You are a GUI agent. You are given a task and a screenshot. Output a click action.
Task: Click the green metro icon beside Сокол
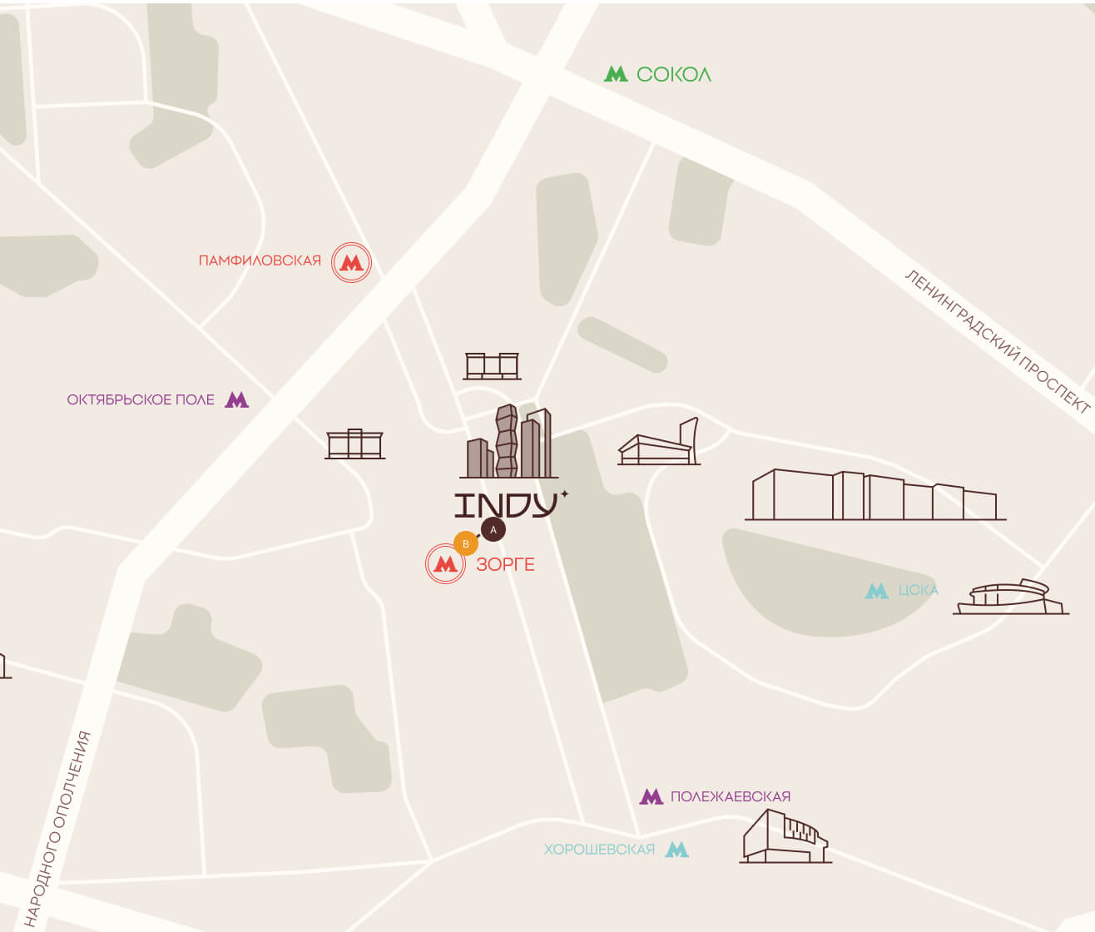tap(616, 74)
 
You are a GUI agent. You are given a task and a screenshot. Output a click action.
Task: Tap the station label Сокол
tap(673, 75)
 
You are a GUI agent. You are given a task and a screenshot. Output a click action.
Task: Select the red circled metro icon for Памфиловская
tap(351, 263)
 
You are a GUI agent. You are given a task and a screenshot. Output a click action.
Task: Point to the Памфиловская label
tap(260, 261)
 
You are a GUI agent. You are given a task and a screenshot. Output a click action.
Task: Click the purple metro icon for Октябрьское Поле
tap(237, 400)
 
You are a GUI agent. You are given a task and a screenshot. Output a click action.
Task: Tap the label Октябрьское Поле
tap(141, 400)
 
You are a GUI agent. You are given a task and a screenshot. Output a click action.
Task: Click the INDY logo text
tap(506, 505)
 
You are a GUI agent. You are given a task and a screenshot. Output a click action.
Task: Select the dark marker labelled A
tap(493, 529)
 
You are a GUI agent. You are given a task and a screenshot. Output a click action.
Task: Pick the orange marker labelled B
tap(465, 544)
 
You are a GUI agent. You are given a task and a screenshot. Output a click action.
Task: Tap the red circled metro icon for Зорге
tap(445, 564)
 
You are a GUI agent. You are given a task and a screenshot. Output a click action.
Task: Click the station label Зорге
tap(505, 565)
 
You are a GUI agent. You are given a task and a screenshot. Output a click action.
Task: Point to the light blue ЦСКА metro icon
tap(876, 591)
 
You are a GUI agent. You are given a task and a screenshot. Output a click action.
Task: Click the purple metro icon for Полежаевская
tap(651, 797)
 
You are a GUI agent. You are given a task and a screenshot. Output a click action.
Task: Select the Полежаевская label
tap(730, 797)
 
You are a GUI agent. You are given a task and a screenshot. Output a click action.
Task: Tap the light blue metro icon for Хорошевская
tap(677, 850)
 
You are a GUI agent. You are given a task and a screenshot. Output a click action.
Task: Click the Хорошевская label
tap(599, 850)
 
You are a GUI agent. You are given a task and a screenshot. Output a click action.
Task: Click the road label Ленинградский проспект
tap(997, 341)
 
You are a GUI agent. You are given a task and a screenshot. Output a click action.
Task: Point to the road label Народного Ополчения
tap(57, 828)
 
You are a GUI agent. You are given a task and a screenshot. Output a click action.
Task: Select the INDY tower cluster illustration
tap(508, 443)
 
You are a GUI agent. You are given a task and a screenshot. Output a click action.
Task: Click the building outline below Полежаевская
tap(785, 836)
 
